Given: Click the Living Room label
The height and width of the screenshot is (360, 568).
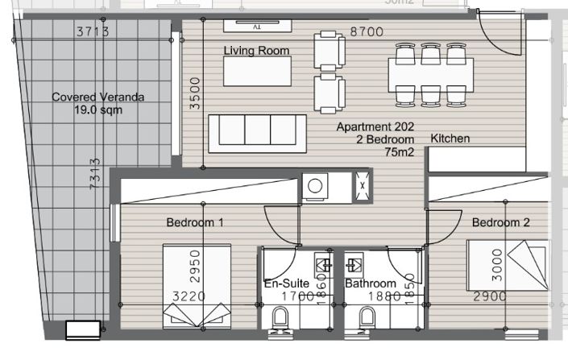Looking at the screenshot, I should point(256,51).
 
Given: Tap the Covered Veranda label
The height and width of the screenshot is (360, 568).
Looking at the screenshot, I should point(98,97).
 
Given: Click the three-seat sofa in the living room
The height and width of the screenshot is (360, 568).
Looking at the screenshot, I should point(257,132).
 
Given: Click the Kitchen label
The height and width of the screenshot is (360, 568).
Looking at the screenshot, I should point(450,139).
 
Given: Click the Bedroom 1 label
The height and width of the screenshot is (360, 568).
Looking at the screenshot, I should point(195,222).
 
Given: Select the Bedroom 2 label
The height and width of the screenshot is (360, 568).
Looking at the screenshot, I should point(501,222).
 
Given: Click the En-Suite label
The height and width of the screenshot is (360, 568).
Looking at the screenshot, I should point(285,283).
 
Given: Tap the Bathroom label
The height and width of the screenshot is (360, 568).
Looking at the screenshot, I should point(370,283).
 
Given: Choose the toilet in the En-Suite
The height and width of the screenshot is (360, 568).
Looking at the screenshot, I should point(281,323).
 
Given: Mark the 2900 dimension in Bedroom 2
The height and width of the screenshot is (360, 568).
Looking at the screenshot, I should point(490,296).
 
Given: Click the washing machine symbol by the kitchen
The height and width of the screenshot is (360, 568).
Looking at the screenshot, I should point(313,186).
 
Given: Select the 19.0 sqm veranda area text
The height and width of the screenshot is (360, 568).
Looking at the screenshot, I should point(98,110).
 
